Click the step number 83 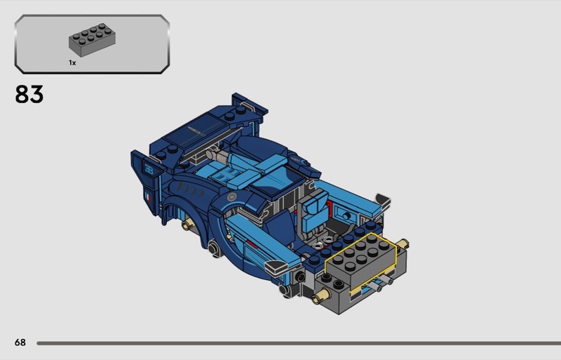pos(29,94)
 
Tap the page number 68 pos(20,342)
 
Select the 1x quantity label pos(72,62)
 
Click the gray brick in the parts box pos(92,40)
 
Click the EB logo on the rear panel pos(149,168)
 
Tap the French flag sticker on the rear pos(147,197)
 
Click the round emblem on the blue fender pos(232,196)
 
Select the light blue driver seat pos(313,211)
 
